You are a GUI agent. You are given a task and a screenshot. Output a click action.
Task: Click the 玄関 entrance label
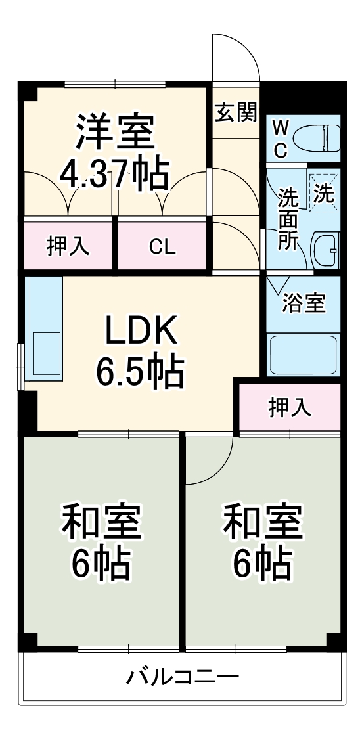point(235,113)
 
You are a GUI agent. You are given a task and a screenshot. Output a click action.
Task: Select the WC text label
point(281,138)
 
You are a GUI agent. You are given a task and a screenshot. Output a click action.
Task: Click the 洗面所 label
point(287,218)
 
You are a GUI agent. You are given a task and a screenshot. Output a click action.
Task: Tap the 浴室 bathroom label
point(304,303)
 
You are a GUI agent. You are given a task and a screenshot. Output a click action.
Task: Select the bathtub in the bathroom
point(304,355)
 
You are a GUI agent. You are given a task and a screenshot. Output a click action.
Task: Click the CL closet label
point(162,247)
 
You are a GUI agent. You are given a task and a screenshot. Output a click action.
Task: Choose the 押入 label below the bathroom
point(289,407)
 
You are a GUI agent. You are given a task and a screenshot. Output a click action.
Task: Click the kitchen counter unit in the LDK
point(44,328)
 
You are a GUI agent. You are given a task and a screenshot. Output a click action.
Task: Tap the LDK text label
point(141,331)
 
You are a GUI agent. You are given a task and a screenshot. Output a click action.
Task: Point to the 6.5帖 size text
point(140,372)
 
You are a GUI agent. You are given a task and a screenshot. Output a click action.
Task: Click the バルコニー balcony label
point(183,677)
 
